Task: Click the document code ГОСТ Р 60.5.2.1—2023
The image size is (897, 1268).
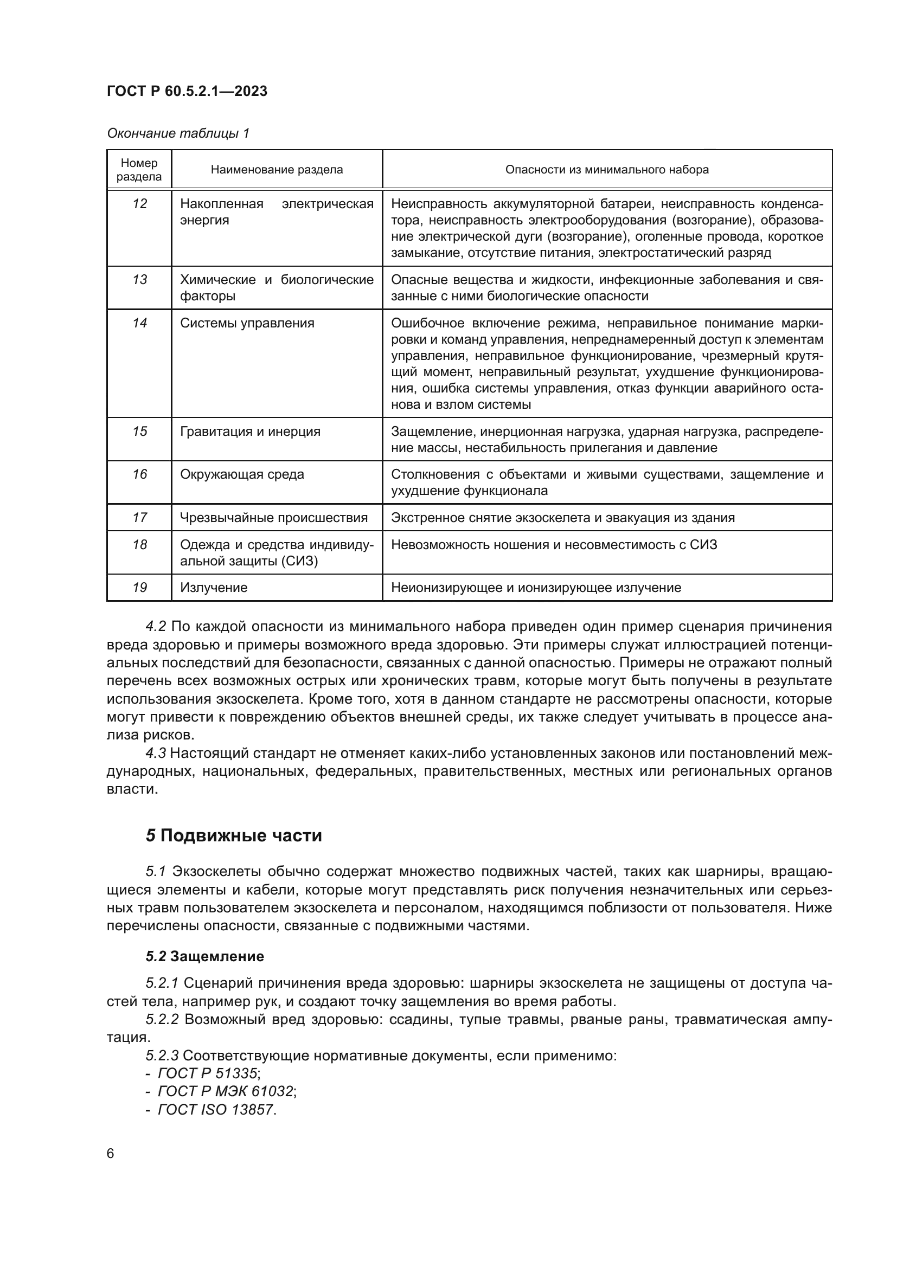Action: tap(187, 91)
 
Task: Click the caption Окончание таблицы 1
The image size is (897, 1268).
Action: tap(178, 133)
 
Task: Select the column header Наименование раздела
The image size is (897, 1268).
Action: tap(277, 170)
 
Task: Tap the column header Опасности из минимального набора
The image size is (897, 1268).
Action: tap(606, 170)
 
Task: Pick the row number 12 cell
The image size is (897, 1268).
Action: tap(140, 204)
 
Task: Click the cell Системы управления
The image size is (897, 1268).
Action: tap(247, 323)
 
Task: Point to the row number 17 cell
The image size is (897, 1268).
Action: tap(140, 518)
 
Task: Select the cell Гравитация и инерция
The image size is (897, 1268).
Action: tap(250, 432)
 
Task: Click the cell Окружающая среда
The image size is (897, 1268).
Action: tap(242, 474)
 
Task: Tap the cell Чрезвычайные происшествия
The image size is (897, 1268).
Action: tap(274, 518)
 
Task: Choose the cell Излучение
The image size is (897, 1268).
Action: tap(214, 588)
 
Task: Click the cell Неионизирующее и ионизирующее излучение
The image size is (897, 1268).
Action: tap(536, 588)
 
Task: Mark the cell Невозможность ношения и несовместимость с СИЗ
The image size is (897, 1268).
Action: tap(554, 544)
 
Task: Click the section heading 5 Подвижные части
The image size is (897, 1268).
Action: tap(234, 835)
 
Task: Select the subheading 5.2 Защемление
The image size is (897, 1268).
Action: tap(205, 956)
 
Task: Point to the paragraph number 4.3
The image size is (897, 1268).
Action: tap(156, 754)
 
